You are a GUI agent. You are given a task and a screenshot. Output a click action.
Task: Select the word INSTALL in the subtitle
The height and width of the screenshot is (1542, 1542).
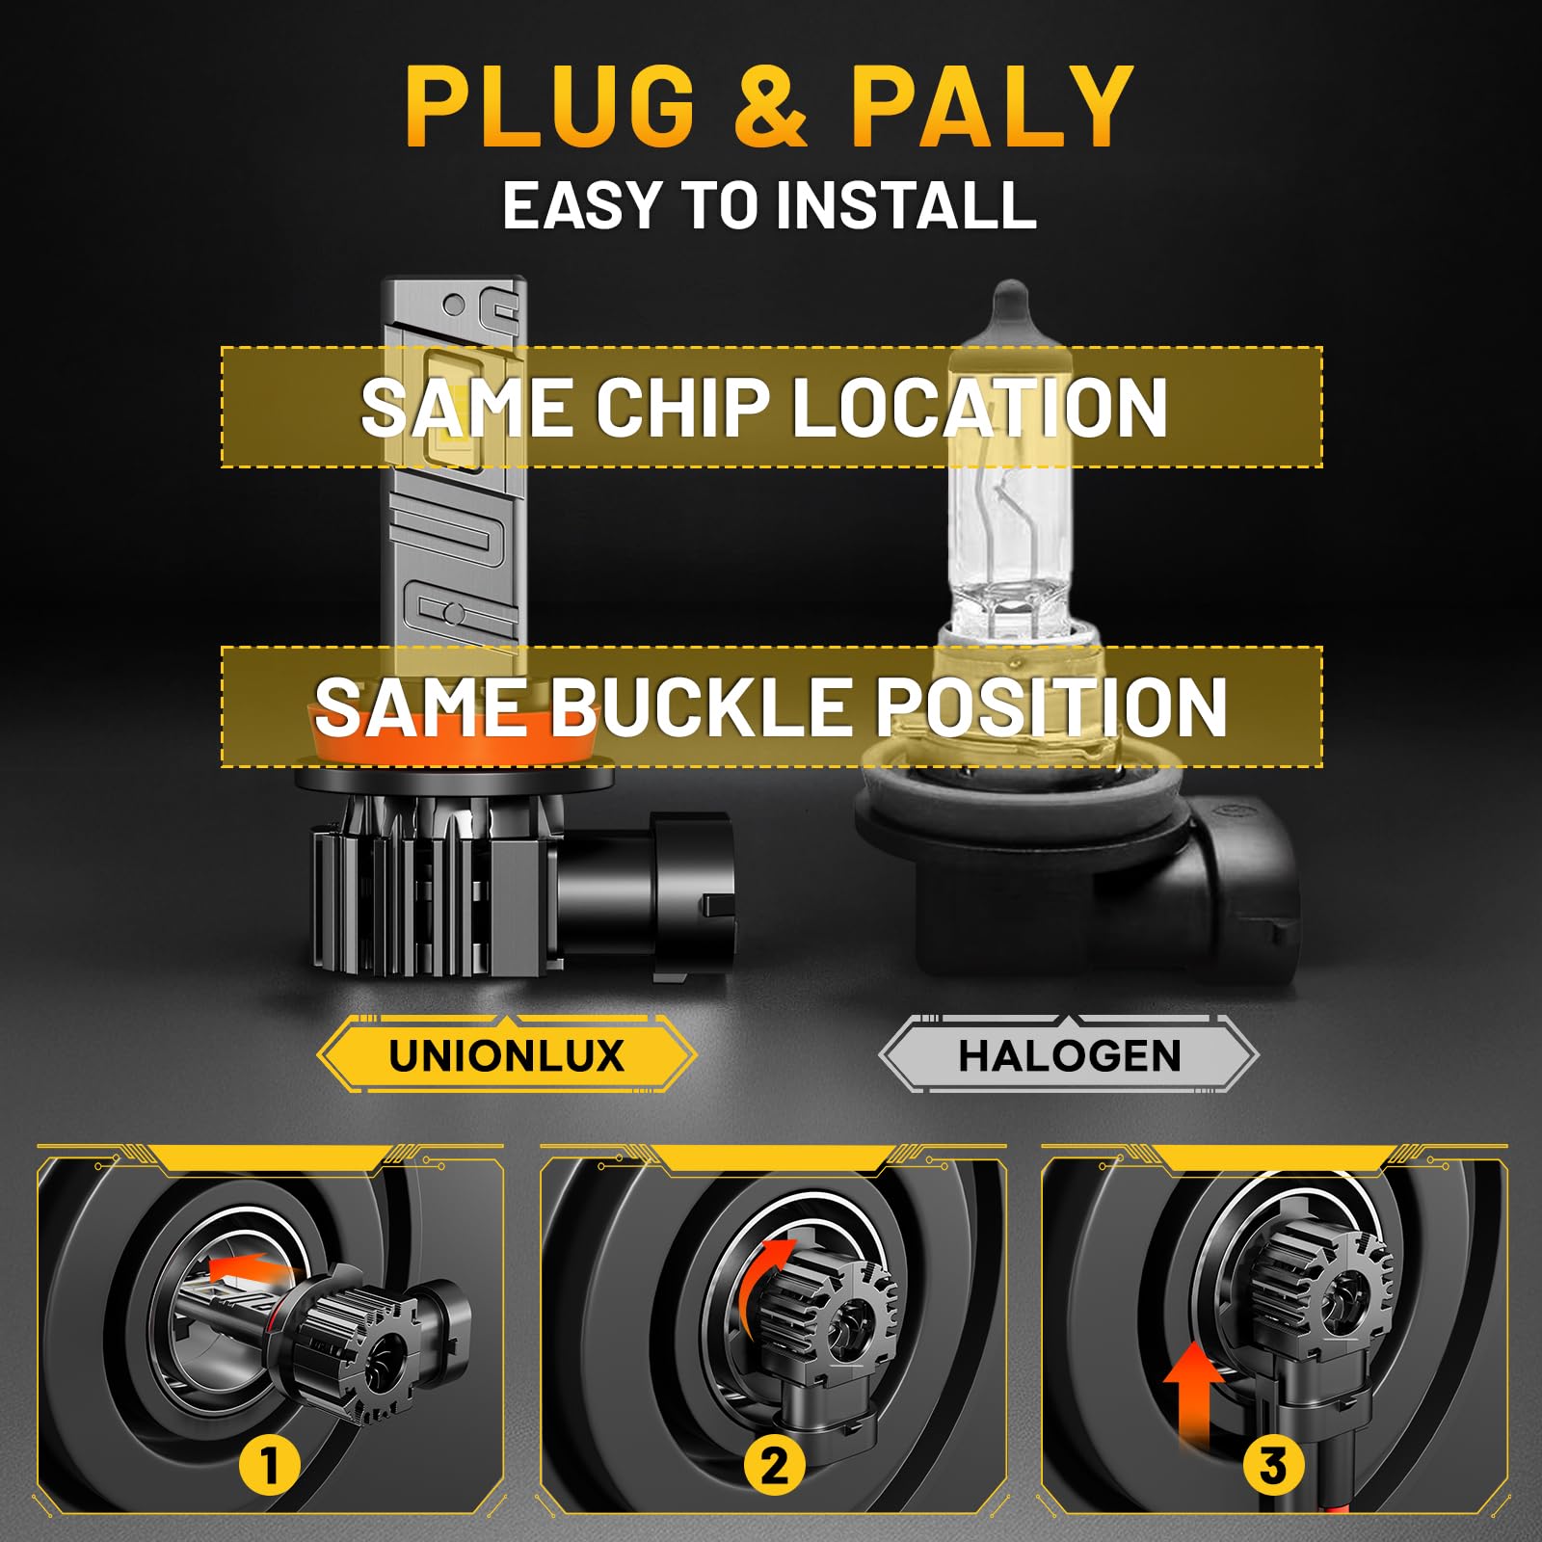pos(906,205)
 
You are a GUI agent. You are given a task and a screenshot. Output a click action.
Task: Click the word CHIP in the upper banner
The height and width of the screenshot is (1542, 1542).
pos(682,407)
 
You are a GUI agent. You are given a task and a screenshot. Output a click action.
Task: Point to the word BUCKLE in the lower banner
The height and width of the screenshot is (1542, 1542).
pos(700,706)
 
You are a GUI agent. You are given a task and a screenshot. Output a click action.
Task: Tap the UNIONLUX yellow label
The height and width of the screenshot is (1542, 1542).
pos(507,1055)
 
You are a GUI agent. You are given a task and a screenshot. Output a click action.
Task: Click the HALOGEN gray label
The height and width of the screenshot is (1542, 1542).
pos(1069,1055)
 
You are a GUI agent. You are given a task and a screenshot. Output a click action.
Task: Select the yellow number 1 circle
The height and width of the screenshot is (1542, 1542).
pos(269,1466)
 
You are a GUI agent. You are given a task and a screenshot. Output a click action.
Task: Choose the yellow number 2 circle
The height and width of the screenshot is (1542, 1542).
pos(774,1466)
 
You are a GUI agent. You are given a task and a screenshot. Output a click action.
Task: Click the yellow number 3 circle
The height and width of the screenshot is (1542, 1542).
pos(1272,1466)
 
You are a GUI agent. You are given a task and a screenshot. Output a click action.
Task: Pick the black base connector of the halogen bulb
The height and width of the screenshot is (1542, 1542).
pos(1079,867)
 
